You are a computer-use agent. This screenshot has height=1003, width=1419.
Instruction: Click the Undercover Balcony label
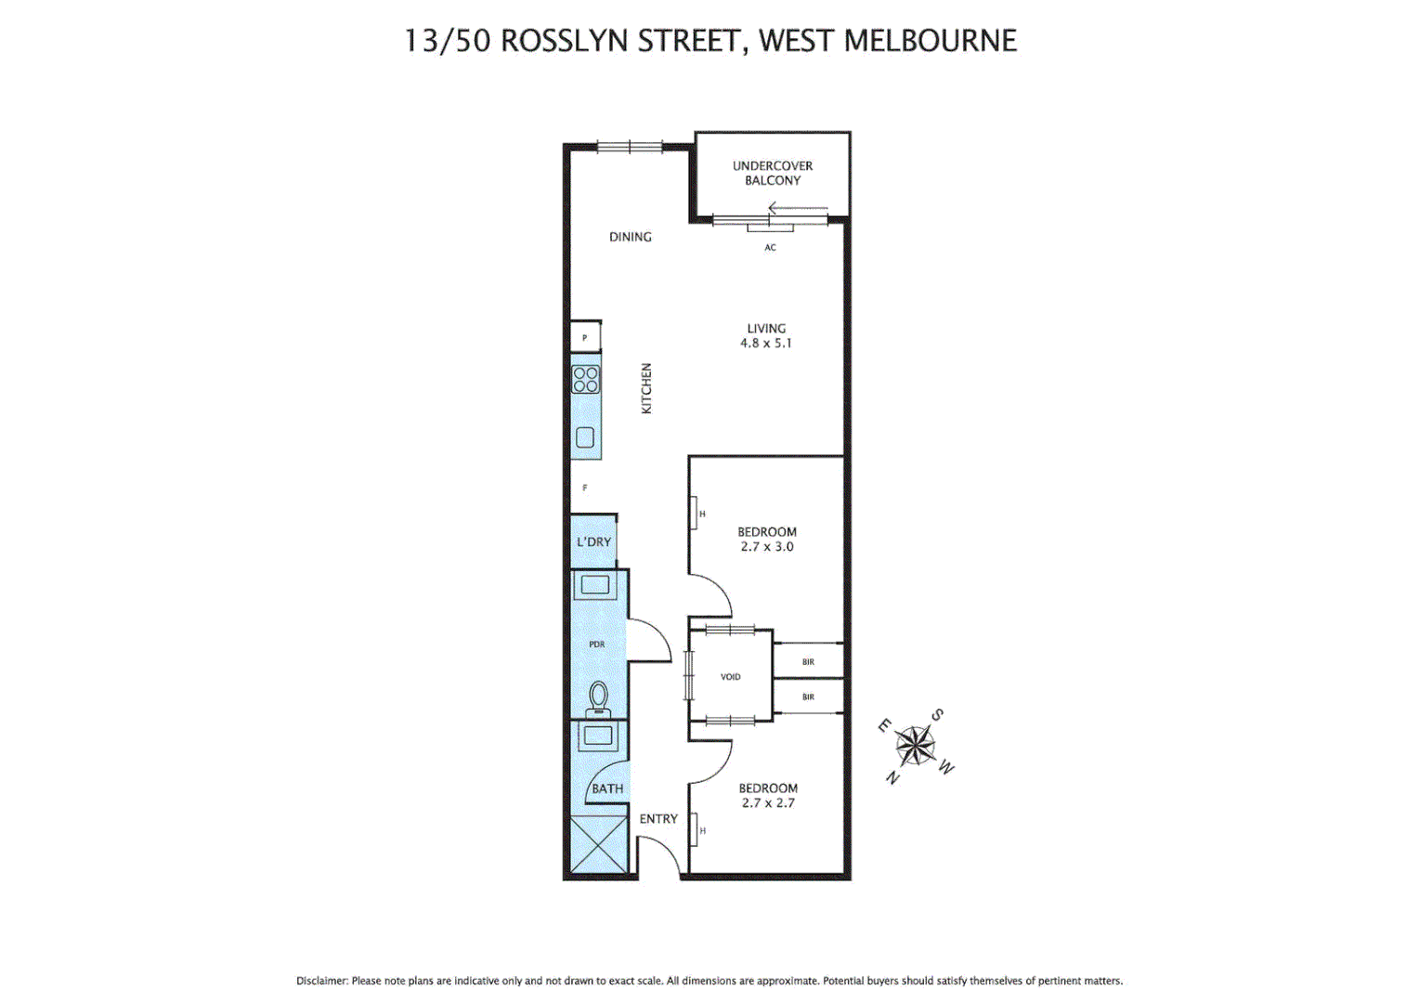coord(772,173)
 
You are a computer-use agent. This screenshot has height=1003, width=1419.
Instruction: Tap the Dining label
coord(630,237)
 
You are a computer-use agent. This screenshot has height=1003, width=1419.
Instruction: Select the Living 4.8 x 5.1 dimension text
coord(766,343)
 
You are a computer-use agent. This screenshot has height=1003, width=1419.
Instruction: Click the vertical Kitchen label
coord(646,388)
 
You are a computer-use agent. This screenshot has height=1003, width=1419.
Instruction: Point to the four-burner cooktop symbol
coord(586,380)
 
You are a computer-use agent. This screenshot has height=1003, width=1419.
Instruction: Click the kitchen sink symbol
coord(585,437)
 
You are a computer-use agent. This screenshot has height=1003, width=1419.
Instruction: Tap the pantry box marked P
coord(585,337)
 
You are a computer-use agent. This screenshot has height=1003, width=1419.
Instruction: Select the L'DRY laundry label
coord(593,541)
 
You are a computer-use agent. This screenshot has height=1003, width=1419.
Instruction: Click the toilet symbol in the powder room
coord(598,697)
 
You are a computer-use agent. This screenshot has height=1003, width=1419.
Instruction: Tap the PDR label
coord(596,644)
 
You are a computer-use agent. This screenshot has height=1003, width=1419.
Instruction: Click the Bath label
coord(607,788)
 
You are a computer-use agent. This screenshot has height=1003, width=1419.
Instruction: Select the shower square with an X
coord(599,844)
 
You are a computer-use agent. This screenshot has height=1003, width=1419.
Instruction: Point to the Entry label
coord(658,818)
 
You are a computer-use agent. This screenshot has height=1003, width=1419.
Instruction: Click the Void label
coord(731,676)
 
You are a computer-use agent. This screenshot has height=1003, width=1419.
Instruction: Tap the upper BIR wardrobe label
coord(808,662)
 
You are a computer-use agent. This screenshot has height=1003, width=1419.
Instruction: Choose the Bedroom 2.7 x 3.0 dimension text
coord(767,547)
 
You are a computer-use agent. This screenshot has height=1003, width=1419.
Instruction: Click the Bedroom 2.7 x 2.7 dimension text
coord(768,803)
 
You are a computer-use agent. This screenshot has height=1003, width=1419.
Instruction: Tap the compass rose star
coord(916,745)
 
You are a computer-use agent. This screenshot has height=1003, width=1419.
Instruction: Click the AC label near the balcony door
coord(770,247)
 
